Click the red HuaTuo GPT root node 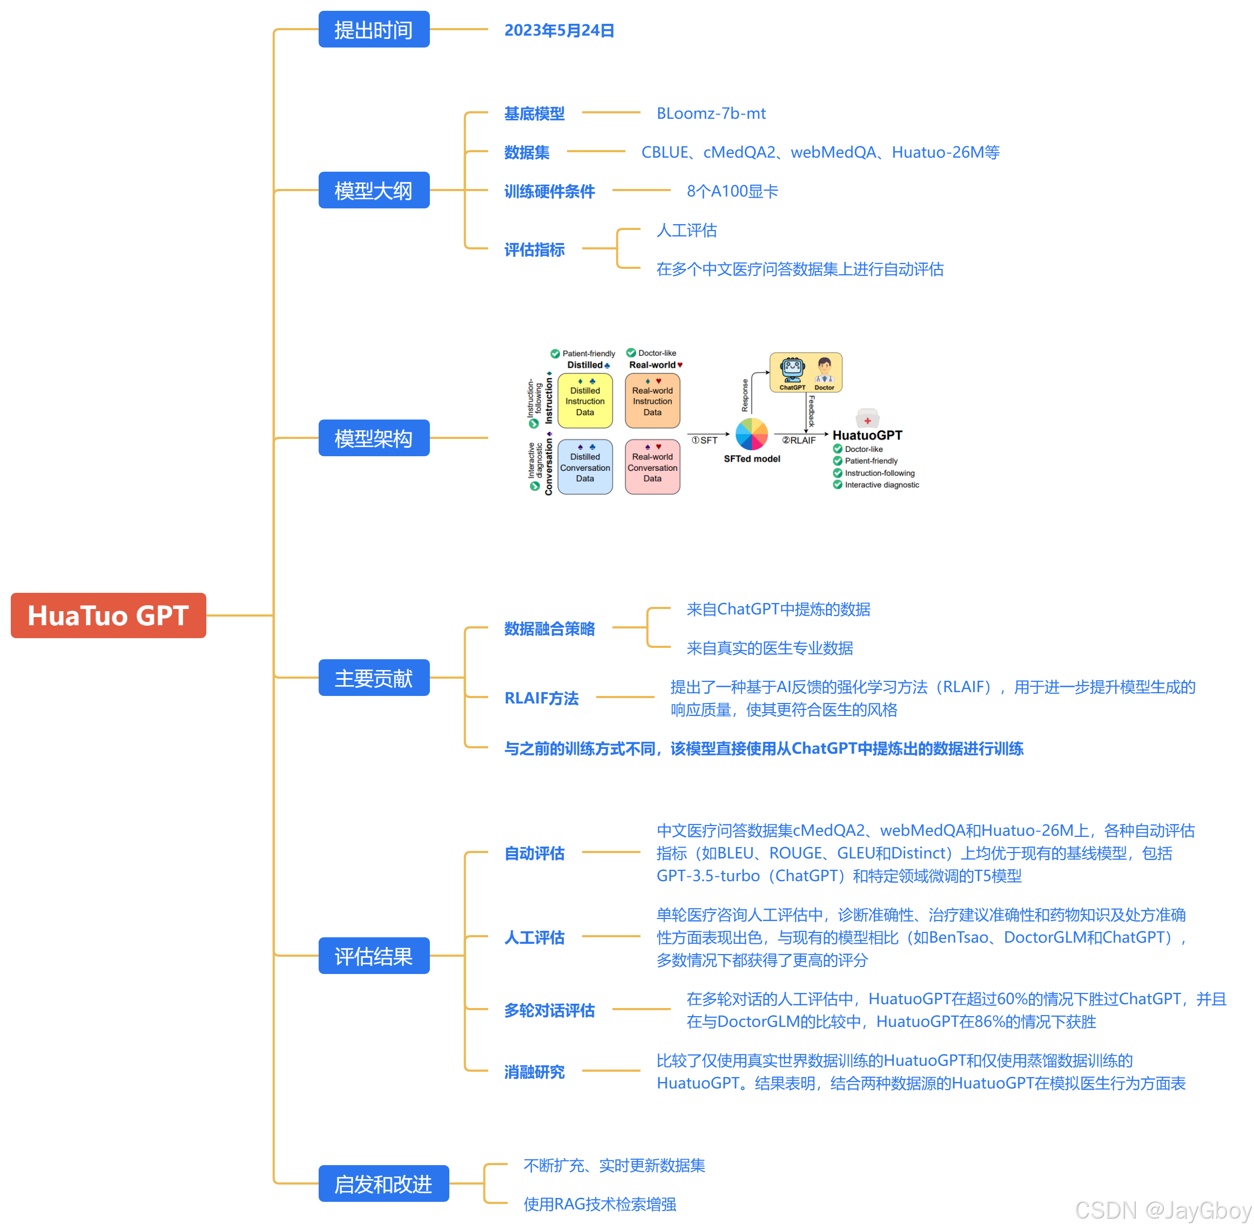click(x=108, y=615)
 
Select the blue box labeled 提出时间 click(x=373, y=30)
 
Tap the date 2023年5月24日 click(x=559, y=30)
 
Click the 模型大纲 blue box click(x=373, y=190)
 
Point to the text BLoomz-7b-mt click(x=710, y=114)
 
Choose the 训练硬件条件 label click(x=549, y=191)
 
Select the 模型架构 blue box click(x=373, y=438)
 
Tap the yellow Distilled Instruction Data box click(x=585, y=401)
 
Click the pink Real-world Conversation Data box click(x=652, y=467)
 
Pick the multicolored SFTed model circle click(x=752, y=434)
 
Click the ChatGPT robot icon click(x=792, y=370)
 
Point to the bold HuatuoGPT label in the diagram click(x=867, y=435)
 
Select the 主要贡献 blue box click(x=373, y=678)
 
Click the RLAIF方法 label click(x=541, y=698)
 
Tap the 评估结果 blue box click(x=373, y=956)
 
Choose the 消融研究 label click(x=534, y=1072)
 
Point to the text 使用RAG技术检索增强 click(x=599, y=1204)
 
